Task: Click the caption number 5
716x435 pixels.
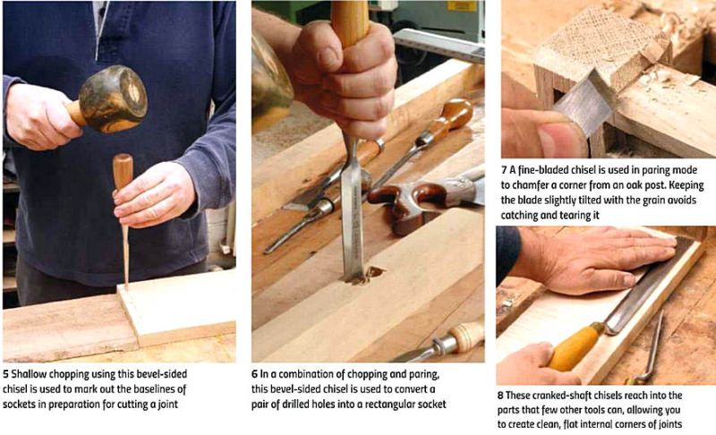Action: [x=5, y=371]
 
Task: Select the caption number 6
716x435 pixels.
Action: [x=255, y=371]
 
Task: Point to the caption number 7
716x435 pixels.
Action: [x=505, y=168]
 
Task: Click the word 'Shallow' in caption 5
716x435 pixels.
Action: [x=30, y=371]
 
